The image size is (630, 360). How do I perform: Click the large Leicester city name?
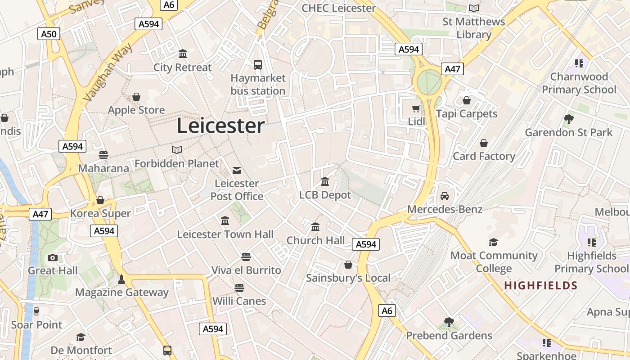click(x=220, y=126)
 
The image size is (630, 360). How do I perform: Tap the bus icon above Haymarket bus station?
click(x=258, y=65)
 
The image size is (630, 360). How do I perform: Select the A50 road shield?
click(x=49, y=34)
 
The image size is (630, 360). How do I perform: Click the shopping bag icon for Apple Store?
click(x=136, y=97)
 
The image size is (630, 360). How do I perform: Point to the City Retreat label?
click(x=182, y=67)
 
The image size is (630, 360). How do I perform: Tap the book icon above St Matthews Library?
click(x=473, y=8)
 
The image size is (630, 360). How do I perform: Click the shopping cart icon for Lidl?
click(x=416, y=108)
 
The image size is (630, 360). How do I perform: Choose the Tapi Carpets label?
click(x=467, y=113)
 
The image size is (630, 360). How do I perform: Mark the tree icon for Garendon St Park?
click(x=568, y=119)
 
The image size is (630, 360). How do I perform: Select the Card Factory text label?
click(x=484, y=156)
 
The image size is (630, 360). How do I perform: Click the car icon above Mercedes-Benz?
click(x=445, y=196)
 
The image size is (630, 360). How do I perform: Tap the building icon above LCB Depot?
click(x=325, y=182)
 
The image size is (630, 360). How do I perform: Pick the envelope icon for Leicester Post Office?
click(x=237, y=170)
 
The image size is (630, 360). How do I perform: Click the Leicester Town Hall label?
click(x=225, y=234)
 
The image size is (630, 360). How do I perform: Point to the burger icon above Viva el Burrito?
click(x=246, y=257)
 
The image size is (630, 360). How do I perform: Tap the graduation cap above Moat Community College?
click(x=494, y=242)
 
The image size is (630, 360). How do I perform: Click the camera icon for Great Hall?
click(x=53, y=257)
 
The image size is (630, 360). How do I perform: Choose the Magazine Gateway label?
click(x=121, y=292)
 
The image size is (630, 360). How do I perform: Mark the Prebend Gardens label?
click(x=449, y=336)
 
